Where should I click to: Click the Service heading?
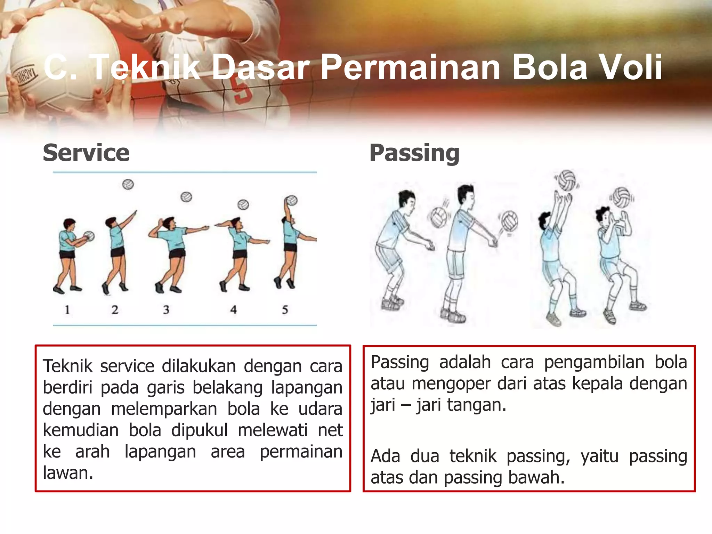(86, 153)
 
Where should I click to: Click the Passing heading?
(414, 153)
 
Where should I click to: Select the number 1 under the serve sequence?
(67, 309)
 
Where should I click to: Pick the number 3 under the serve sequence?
(166, 309)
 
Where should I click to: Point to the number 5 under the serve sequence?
(285, 309)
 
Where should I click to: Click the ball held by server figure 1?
(89, 236)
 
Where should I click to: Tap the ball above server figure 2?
(128, 184)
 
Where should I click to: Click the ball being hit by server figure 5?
(292, 201)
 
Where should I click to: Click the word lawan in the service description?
(68, 473)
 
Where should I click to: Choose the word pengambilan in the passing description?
(594, 363)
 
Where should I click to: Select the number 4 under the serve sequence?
(233, 309)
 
